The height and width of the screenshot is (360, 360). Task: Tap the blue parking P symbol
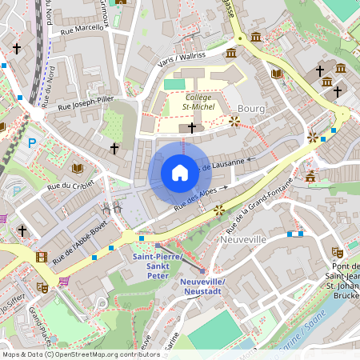click(33, 143)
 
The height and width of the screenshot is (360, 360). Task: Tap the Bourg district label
click(250, 108)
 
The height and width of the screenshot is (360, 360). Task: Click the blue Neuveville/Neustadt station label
click(202, 289)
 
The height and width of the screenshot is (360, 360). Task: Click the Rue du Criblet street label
click(72, 186)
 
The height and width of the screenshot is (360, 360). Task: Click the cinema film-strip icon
click(41, 257)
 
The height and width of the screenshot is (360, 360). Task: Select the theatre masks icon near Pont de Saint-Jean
click(337, 252)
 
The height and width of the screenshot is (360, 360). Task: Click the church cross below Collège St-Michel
click(191, 127)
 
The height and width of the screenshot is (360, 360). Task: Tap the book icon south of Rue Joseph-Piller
click(78, 168)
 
